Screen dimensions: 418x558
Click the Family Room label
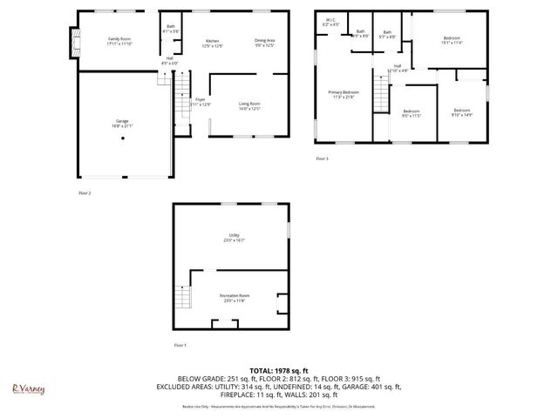click(119, 42)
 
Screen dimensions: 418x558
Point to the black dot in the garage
click(122, 138)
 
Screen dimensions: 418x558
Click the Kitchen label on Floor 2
click(212, 44)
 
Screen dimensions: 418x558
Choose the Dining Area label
click(265, 43)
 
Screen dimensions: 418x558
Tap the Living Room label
click(250, 106)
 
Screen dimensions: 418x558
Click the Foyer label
click(200, 102)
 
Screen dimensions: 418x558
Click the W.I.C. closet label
click(330, 22)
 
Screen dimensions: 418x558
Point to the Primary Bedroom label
click(344, 94)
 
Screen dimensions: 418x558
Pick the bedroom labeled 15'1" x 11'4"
click(451, 41)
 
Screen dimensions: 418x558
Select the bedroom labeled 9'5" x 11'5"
click(412, 113)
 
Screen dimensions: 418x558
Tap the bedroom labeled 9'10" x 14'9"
click(461, 112)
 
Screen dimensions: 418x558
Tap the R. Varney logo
click(28, 389)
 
